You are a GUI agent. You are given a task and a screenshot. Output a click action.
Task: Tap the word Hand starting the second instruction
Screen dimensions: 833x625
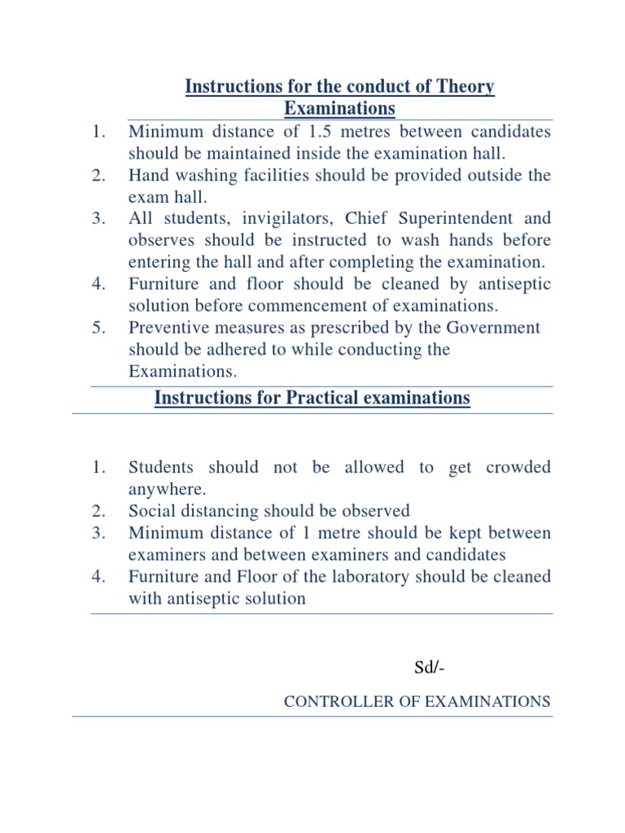click(147, 175)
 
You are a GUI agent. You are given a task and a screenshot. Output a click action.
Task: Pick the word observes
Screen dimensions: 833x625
click(163, 241)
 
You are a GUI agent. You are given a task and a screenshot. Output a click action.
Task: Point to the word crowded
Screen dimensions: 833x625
click(518, 468)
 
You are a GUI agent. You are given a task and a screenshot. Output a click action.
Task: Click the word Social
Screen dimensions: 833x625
click(151, 512)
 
